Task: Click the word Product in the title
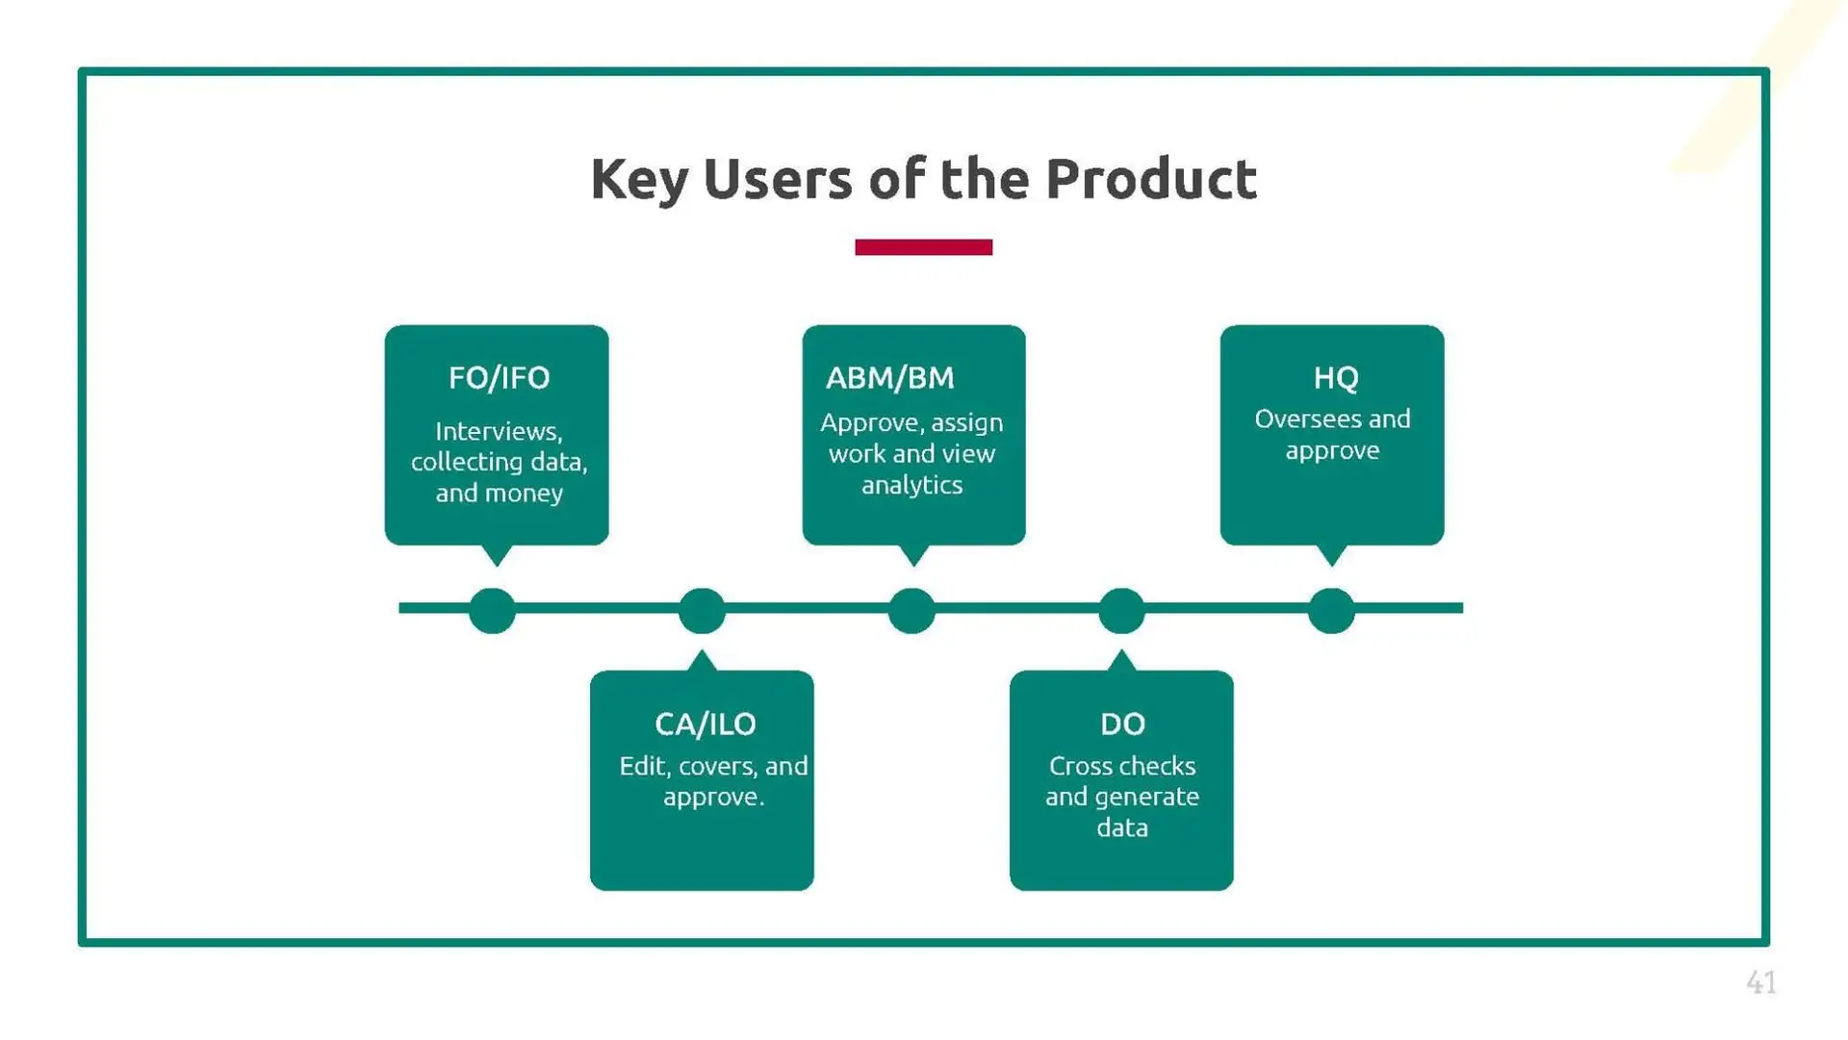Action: (x=1151, y=179)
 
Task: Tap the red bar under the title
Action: (x=923, y=247)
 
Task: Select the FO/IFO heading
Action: (x=499, y=378)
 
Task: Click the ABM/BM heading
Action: (x=890, y=378)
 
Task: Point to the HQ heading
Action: (x=1336, y=378)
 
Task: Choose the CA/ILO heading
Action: (x=706, y=723)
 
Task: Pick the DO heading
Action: (x=1122, y=723)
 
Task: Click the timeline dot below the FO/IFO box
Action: (x=492, y=610)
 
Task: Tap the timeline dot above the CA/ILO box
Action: (x=702, y=610)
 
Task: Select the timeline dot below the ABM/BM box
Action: (x=911, y=610)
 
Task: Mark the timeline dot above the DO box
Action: (x=1121, y=610)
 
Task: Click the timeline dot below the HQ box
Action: (x=1331, y=610)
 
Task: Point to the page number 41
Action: (x=1760, y=982)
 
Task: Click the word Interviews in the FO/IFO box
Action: (x=499, y=431)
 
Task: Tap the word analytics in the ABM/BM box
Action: (x=911, y=485)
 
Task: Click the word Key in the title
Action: (x=639, y=179)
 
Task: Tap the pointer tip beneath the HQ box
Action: (x=1331, y=558)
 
